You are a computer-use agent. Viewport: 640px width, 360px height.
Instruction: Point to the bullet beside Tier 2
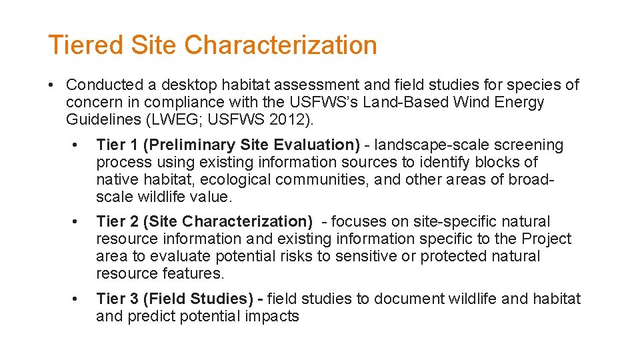coord(78,222)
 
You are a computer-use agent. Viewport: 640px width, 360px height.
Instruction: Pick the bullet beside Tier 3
coord(78,299)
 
